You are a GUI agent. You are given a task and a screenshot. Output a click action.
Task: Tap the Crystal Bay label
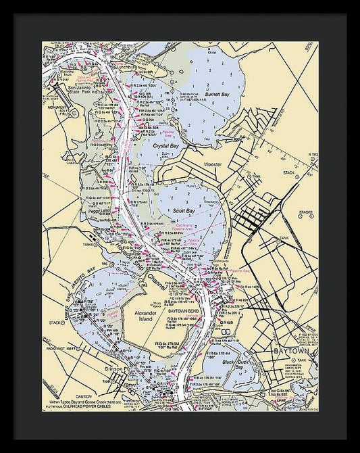click(165, 145)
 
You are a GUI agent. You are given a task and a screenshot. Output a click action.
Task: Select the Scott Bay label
click(184, 211)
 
